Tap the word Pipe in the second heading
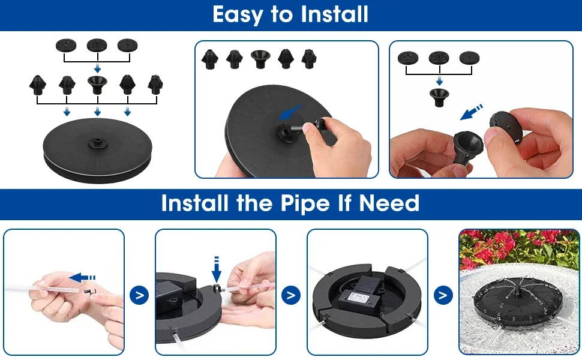tap(305, 203)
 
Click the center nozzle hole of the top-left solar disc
tap(97, 142)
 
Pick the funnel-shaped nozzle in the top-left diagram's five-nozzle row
tap(97, 85)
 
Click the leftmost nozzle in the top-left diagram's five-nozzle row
tap(37, 85)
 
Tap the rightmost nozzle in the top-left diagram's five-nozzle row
tap(155, 85)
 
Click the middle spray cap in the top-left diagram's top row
tap(97, 46)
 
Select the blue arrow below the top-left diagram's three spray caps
tap(97, 68)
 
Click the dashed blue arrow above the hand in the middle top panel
tap(290, 112)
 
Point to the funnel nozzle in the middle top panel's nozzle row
tap(260, 59)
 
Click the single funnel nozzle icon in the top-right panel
tap(439, 98)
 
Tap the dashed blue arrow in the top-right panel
tap(472, 112)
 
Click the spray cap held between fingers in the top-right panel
tap(506, 128)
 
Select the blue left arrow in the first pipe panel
tap(82, 277)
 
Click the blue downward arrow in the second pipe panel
tap(217, 269)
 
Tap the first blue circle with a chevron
tap(139, 295)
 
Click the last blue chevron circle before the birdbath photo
tap(443, 295)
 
